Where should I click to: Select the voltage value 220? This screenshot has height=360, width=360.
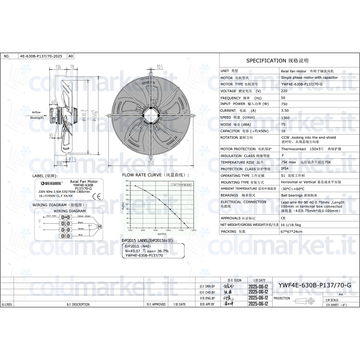[x=284, y=91]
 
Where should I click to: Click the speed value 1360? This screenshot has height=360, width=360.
[x=285, y=117]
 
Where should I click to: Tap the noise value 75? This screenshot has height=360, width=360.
[x=283, y=124]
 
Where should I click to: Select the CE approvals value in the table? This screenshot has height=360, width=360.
[x=283, y=217]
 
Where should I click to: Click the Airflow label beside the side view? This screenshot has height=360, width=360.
[x=36, y=112]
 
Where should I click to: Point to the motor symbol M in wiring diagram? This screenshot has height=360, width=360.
[x=100, y=226]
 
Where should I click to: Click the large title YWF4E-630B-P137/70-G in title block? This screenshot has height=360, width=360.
[x=315, y=285]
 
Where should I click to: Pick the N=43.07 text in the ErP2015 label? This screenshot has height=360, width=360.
[x=134, y=251]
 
